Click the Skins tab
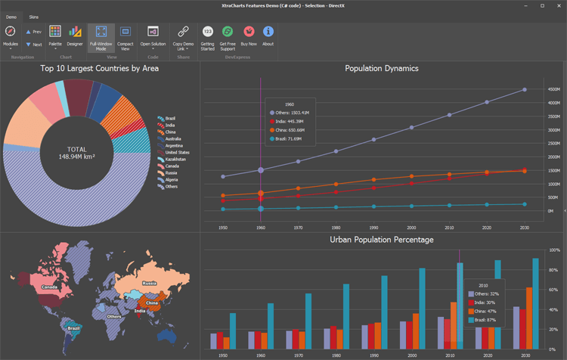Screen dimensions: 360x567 34,16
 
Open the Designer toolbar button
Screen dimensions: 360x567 75,35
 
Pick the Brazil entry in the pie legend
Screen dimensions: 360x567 170,118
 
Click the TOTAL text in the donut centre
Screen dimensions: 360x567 78,149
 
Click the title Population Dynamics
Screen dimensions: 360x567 381,69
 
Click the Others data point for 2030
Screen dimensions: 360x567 524,90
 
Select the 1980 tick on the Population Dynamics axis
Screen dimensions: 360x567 336,226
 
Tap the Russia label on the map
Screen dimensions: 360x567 150,284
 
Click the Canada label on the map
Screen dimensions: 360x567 50,287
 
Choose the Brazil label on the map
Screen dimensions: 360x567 73,328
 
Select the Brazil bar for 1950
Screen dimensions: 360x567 233,331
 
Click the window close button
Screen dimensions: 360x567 559,5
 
